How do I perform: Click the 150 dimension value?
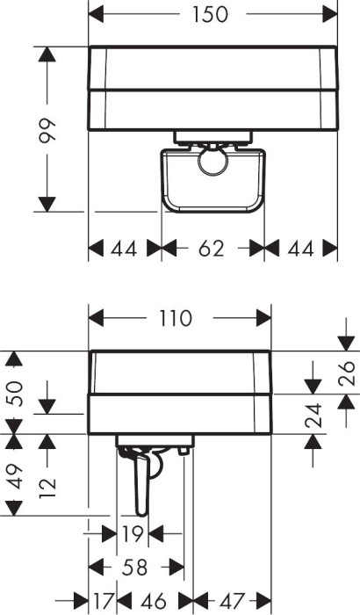point(210,15)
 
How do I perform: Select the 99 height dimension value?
point(47,129)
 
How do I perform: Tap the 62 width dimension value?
point(211,249)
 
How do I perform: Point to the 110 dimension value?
point(176,318)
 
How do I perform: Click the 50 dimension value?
point(14,394)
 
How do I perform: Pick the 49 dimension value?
point(14,476)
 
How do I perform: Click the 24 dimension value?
point(313,415)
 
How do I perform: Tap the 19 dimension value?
point(133,534)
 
